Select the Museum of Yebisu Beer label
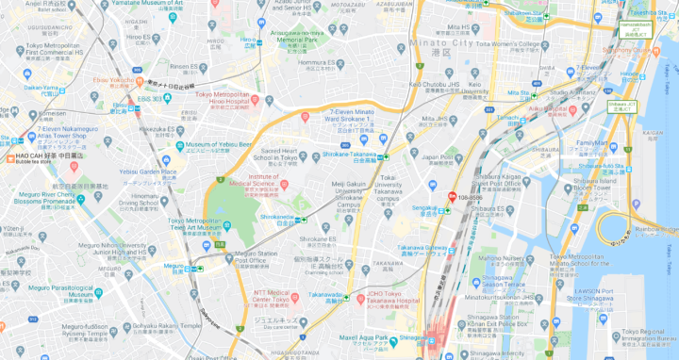pyautogui.click(x=219, y=144)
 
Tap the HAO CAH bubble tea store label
pyautogui.click(x=44, y=156)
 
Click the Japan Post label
pyautogui.click(x=437, y=157)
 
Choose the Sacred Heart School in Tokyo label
pyautogui.click(x=279, y=154)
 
